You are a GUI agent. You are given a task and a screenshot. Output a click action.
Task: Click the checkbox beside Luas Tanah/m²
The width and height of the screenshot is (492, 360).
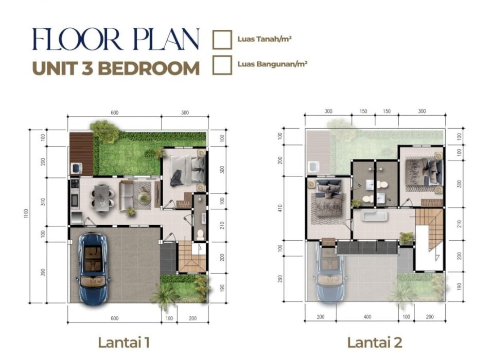click(x=222, y=40)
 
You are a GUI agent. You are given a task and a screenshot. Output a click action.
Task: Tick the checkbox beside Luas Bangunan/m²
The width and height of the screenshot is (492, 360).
click(x=222, y=65)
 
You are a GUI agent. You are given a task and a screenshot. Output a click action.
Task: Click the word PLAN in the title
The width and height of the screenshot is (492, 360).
click(x=166, y=39)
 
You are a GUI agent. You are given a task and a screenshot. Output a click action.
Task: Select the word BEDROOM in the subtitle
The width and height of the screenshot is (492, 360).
click(x=149, y=68)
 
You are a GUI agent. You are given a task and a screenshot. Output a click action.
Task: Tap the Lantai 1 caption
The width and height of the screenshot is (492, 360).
click(x=124, y=343)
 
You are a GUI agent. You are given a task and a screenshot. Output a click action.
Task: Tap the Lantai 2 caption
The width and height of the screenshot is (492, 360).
click(x=375, y=343)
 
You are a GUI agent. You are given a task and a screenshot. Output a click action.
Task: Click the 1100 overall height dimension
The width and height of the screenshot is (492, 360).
click(x=26, y=214)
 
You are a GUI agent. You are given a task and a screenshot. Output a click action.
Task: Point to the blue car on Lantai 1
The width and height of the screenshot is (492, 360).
click(x=93, y=268)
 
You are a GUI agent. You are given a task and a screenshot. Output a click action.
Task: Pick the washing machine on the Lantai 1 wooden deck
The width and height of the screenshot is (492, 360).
click(x=77, y=168)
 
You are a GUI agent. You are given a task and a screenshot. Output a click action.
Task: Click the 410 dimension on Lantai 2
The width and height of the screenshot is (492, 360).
click(x=280, y=208)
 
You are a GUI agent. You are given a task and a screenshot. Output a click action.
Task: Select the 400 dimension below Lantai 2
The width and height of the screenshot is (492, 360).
click(x=367, y=317)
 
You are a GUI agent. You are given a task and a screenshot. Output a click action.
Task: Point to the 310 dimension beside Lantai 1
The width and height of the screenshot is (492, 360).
click(x=43, y=202)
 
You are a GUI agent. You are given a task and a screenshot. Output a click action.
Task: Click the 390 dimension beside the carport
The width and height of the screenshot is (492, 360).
click(x=43, y=272)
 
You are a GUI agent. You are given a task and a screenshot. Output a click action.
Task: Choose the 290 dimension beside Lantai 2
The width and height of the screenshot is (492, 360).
click(x=280, y=279)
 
